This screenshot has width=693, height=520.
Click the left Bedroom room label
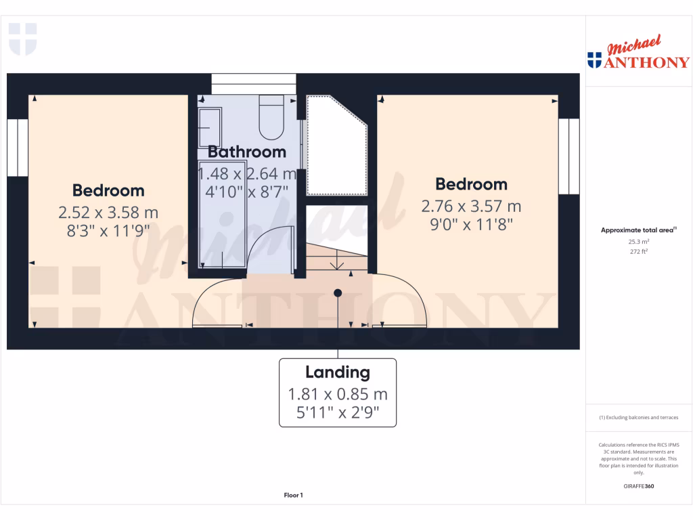(x=108, y=191)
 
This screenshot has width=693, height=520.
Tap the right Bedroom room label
(x=471, y=184)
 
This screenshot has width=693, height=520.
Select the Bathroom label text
(x=246, y=152)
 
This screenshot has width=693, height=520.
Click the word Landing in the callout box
(x=338, y=372)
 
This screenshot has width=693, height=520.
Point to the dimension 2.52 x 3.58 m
(x=108, y=213)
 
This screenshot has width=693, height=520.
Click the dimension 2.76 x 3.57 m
(x=471, y=206)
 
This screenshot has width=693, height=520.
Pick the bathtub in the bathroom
(x=222, y=213)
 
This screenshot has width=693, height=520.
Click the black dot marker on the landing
(x=338, y=292)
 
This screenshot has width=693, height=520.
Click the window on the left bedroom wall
(x=18, y=148)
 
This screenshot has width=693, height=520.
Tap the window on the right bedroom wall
(x=569, y=156)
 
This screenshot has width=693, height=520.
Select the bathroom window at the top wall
(x=253, y=83)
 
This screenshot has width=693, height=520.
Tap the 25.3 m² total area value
(x=639, y=241)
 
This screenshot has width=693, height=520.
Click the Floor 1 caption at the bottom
(x=293, y=496)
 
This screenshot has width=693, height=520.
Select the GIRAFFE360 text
(x=639, y=486)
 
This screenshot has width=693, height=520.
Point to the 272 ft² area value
(x=639, y=251)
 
